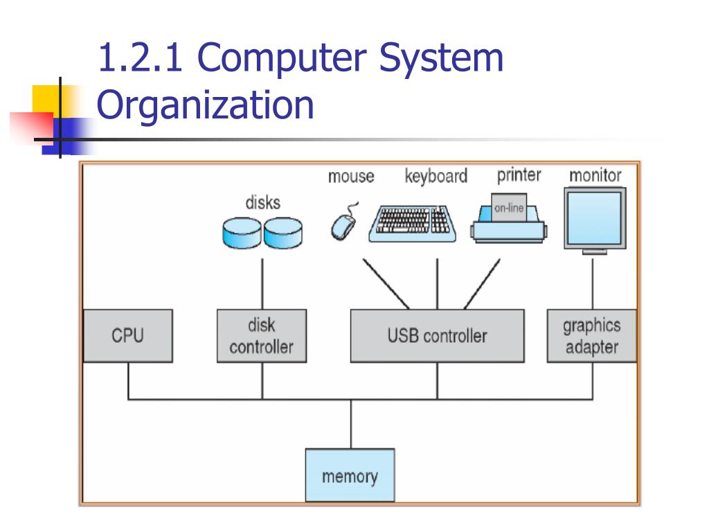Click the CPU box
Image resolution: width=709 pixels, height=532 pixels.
[127, 336]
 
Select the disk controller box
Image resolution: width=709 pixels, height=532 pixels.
[262, 336]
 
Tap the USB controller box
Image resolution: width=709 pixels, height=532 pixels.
[437, 336]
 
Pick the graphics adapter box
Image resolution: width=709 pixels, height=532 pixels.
[591, 336]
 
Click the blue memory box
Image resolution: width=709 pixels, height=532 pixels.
[350, 475]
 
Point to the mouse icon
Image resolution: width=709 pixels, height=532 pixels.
[343, 224]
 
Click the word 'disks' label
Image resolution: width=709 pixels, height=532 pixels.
[263, 203]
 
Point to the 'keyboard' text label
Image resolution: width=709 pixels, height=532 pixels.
[436, 177]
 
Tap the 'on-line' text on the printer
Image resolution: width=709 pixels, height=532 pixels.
[509, 208]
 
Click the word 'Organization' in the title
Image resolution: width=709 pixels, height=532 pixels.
[205, 105]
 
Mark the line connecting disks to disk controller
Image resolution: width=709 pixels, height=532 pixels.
[262, 284]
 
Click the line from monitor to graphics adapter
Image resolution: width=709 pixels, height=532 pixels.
[593, 283]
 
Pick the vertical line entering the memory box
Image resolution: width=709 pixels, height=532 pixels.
[350, 424]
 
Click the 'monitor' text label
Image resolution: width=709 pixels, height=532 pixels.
[595, 175]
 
